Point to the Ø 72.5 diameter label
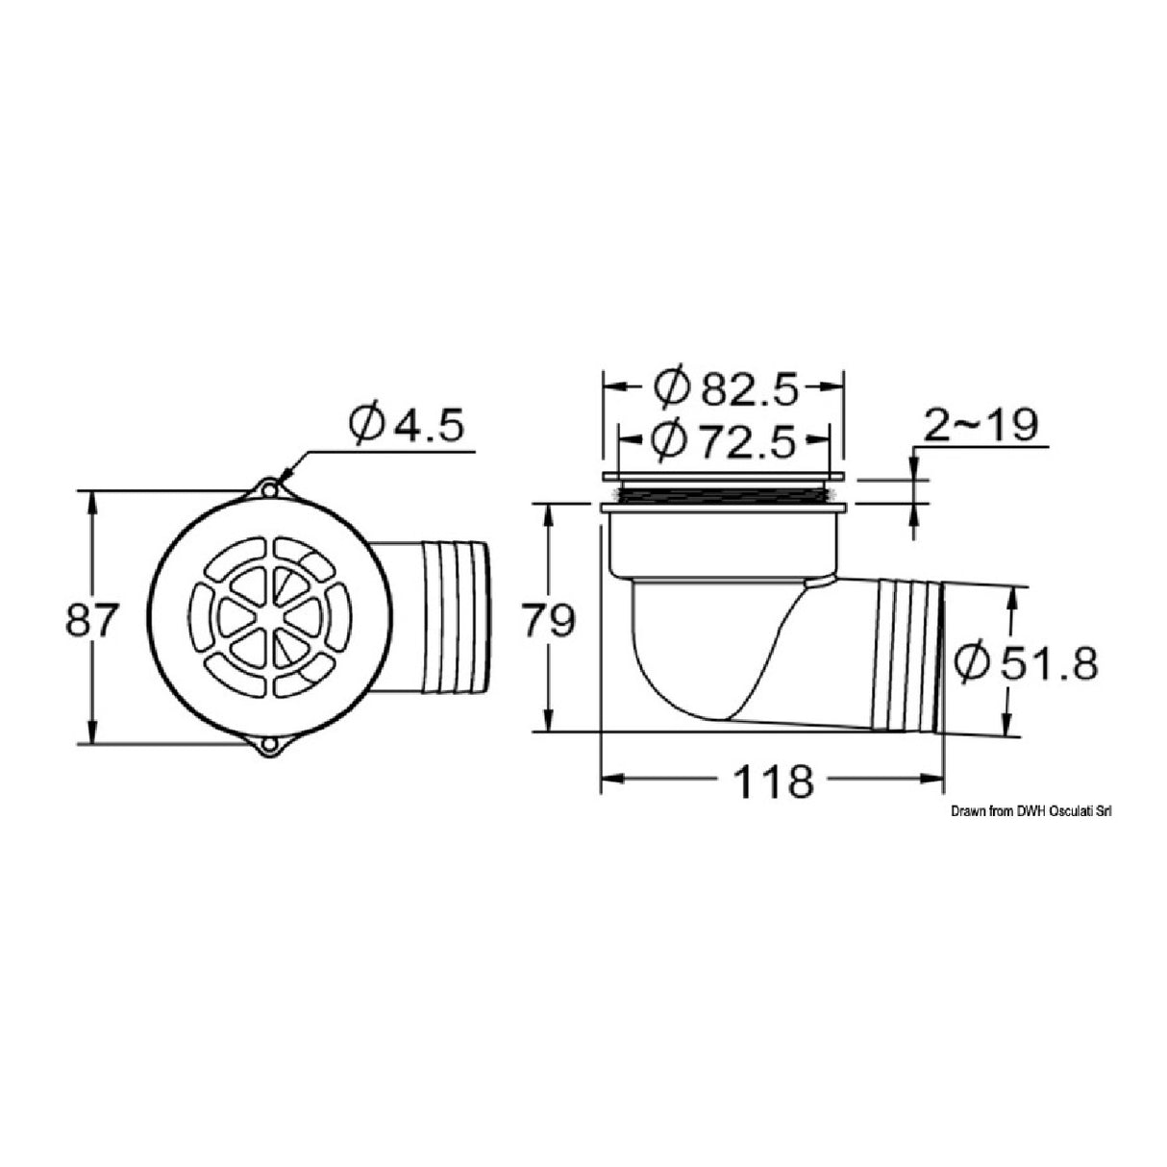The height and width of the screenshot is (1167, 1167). pos(723,440)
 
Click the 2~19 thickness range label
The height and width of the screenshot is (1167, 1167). pos(980,425)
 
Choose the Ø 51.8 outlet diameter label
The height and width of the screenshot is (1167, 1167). pos(1026,663)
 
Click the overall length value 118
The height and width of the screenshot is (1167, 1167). pos(773,781)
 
